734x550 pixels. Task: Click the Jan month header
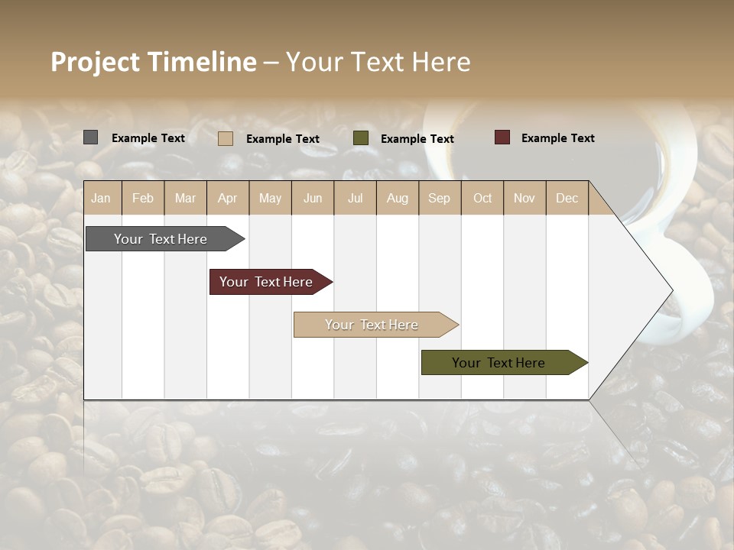point(102,198)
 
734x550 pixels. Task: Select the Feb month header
point(143,198)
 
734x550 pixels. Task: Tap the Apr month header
point(228,198)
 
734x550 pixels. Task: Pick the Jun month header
point(313,198)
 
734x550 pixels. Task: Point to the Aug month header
point(398,198)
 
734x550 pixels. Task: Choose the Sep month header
point(440,198)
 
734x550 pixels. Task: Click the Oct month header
point(482,198)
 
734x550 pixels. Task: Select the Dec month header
point(567,198)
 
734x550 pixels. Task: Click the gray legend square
point(90,137)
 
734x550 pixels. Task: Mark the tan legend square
point(225,138)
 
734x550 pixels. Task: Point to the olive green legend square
point(361,138)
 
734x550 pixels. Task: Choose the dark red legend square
point(502,137)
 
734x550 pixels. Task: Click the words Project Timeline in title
point(154,62)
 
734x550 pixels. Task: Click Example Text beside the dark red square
point(557,138)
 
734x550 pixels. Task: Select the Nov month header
point(525,198)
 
